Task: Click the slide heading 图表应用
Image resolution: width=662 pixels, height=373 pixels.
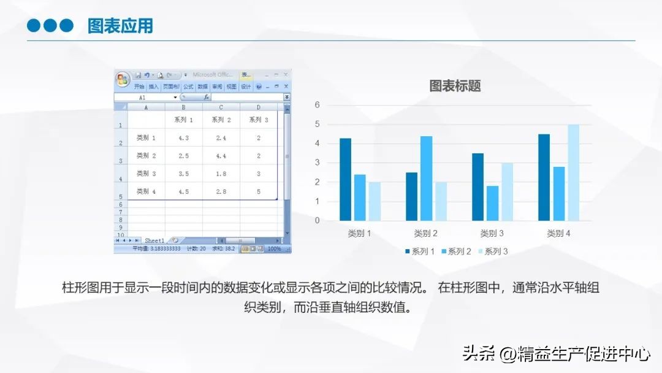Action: coord(120,26)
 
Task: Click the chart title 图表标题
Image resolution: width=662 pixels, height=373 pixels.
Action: coord(455,86)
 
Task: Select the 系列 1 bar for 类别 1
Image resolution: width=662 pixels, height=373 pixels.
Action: coord(346,179)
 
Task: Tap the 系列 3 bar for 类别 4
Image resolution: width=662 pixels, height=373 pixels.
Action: coord(573,172)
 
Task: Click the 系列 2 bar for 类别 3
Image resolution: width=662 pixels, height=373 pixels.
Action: coord(492,203)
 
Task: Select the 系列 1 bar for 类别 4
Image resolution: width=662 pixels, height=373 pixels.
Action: coord(544,177)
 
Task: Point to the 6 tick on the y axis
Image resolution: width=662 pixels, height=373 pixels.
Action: coord(318,105)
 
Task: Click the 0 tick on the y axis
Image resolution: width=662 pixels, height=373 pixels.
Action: coord(318,220)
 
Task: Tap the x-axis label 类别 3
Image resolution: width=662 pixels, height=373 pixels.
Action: coord(492,234)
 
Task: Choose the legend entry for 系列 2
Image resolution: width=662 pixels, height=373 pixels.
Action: coord(456,252)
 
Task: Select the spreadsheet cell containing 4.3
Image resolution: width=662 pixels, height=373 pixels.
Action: coord(184,138)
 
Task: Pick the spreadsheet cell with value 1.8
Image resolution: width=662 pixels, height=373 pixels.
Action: coord(221,174)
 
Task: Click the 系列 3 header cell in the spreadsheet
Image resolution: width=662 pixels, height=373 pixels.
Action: coord(259,120)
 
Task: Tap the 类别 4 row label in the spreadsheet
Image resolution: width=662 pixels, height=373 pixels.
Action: coord(146,191)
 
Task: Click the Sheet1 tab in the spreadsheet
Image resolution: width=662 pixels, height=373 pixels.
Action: coord(154,240)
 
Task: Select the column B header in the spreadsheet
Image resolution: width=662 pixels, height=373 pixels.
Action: coord(184,107)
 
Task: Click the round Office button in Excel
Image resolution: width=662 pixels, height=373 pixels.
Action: coord(123,79)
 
